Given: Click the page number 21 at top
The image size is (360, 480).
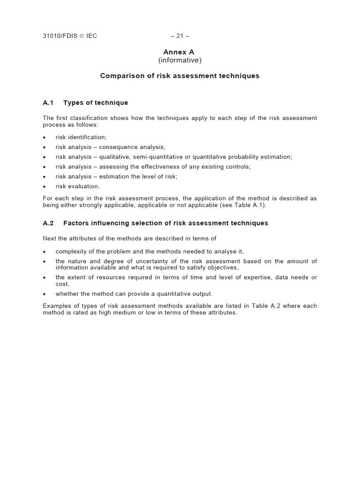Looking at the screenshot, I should [180, 36].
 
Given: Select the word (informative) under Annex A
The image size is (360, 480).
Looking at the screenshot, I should [180, 60].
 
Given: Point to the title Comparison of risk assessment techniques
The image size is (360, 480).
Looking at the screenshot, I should [180, 76].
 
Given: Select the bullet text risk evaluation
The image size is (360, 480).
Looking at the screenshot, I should [77, 186].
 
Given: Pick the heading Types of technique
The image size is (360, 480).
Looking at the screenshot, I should [96, 103].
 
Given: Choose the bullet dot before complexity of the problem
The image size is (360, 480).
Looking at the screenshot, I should [44, 252].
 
